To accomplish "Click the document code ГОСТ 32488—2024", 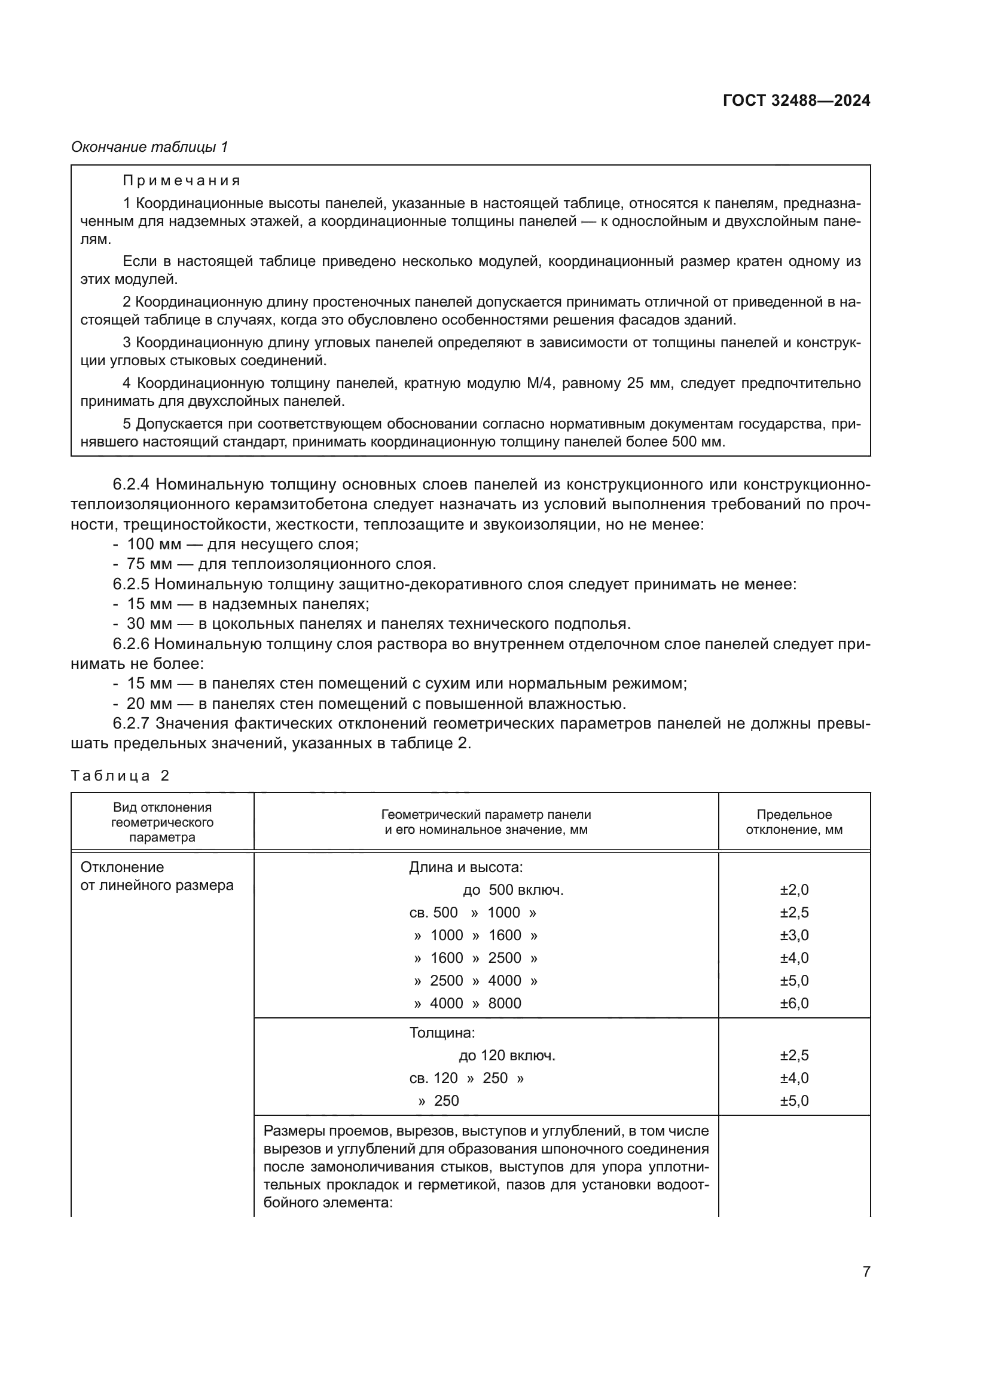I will [796, 100].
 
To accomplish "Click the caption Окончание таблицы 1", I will [149, 147].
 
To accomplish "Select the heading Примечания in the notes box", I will [182, 181].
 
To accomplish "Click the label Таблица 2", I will [120, 775].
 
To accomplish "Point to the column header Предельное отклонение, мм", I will [793, 822].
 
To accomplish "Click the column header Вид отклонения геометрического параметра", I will [162, 822].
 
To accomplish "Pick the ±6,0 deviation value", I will [794, 1003].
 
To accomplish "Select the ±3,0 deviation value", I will [794, 935].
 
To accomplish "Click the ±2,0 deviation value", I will [794, 889].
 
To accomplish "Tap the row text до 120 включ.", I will [506, 1055].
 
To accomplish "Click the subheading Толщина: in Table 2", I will [441, 1033].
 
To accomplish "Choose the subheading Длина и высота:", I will [466, 867].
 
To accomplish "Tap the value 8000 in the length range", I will [504, 1003].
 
